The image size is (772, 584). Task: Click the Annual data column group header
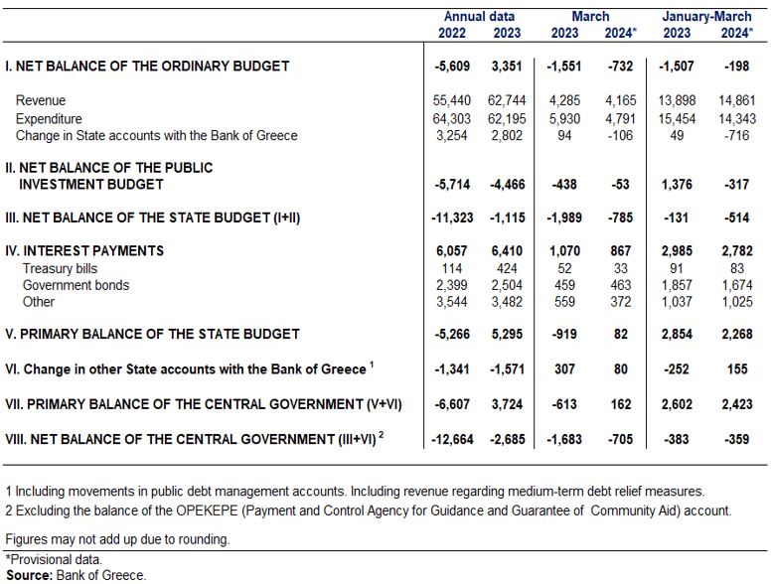(x=479, y=17)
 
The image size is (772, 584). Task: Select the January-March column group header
(x=706, y=17)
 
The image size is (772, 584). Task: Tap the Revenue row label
(x=41, y=100)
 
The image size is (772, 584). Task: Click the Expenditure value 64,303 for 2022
(x=451, y=118)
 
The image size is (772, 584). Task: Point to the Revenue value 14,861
(x=736, y=100)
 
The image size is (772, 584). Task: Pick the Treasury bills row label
(x=60, y=268)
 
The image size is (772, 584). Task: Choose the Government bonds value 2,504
(x=507, y=285)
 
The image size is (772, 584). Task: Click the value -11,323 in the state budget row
(x=452, y=218)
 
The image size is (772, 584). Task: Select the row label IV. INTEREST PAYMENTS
(x=84, y=250)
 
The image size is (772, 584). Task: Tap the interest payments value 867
(x=620, y=250)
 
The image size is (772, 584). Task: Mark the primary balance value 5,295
(x=507, y=334)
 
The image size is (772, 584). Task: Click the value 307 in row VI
(x=564, y=369)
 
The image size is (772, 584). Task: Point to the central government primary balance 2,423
(x=736, y=404)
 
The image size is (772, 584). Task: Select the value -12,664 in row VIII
(x=452, y=439)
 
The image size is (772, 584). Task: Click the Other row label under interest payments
(x=39, y=302)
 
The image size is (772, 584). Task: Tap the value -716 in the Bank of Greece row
(x=736, y=135)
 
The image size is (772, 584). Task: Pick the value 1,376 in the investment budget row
(x=677, y=184)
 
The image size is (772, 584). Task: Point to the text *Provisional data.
(x=54, y=559)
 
